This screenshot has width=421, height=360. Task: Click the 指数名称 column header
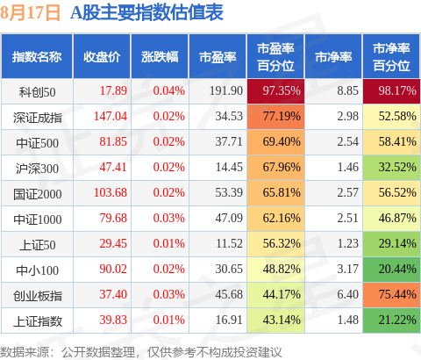click(37, 57)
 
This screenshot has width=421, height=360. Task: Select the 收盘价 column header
click(102, 57)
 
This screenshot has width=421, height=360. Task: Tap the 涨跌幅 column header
click(160, 57)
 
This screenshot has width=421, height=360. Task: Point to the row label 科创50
click(37, 92)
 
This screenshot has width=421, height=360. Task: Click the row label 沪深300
click(37, 169)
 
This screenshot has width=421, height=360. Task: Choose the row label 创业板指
click(38, 296)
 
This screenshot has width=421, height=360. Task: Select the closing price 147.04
click(111, 116)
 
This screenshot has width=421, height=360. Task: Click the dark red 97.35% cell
click(275, 91)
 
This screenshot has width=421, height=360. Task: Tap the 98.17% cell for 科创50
click(391, 91)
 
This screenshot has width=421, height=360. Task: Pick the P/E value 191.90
click(226, 90)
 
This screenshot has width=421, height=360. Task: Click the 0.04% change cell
click(169, 90)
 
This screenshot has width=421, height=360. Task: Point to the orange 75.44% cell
click(391, 295)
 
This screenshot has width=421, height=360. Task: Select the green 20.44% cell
click(391, 270)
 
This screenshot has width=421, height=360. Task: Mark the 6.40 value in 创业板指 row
click(348, 294)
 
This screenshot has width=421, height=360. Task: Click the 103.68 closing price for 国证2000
click(111, 192)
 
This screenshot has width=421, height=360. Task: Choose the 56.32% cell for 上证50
click(275, 244)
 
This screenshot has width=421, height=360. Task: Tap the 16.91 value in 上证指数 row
click(229, 320)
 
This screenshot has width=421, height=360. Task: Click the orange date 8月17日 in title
click(30, 13)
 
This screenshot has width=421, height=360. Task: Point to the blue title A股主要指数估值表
click(147, 13)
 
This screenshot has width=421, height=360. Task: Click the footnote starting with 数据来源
click(141, 352)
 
